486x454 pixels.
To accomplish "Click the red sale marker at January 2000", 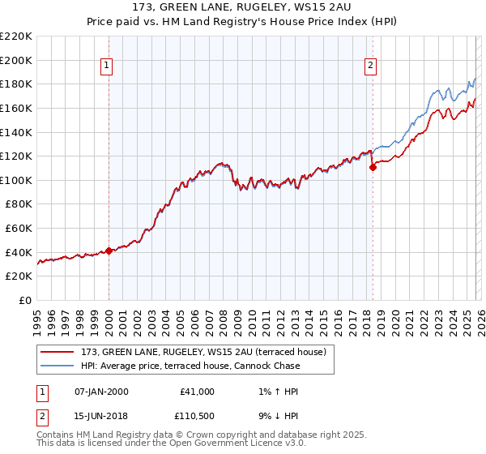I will click(x=109, y=251).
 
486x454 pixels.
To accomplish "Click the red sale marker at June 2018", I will click(x=373, y=168).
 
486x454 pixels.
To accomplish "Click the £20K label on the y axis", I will click(x=19, y=276).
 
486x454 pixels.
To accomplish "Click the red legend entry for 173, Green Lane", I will click(x=202, y=352).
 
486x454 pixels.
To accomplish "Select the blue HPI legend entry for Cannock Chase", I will click(x=190, y=366).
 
